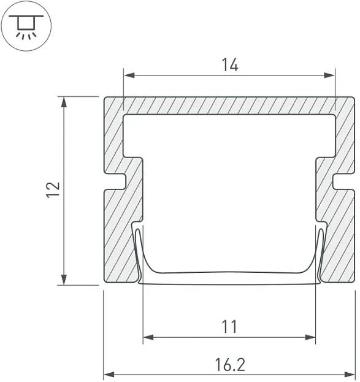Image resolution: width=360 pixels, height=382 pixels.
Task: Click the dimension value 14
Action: tap(229, 65)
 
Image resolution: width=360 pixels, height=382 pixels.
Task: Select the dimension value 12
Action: tap(53, 189)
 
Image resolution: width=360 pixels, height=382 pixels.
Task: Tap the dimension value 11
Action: tap(229, 327)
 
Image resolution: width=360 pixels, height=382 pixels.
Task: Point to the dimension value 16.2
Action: tap(230, 365)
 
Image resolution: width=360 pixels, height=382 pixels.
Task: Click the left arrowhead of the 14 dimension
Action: tap(129, 75)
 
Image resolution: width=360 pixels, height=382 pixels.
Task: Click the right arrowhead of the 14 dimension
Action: tap(329, 75)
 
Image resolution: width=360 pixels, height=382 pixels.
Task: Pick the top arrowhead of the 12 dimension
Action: tap(64, 102)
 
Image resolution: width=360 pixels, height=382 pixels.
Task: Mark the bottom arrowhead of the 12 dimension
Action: tap(64, 280)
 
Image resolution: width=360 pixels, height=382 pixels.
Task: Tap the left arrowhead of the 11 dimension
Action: tap(148, 337)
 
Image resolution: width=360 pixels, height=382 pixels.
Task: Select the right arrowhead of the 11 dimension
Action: tap(310, 337)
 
